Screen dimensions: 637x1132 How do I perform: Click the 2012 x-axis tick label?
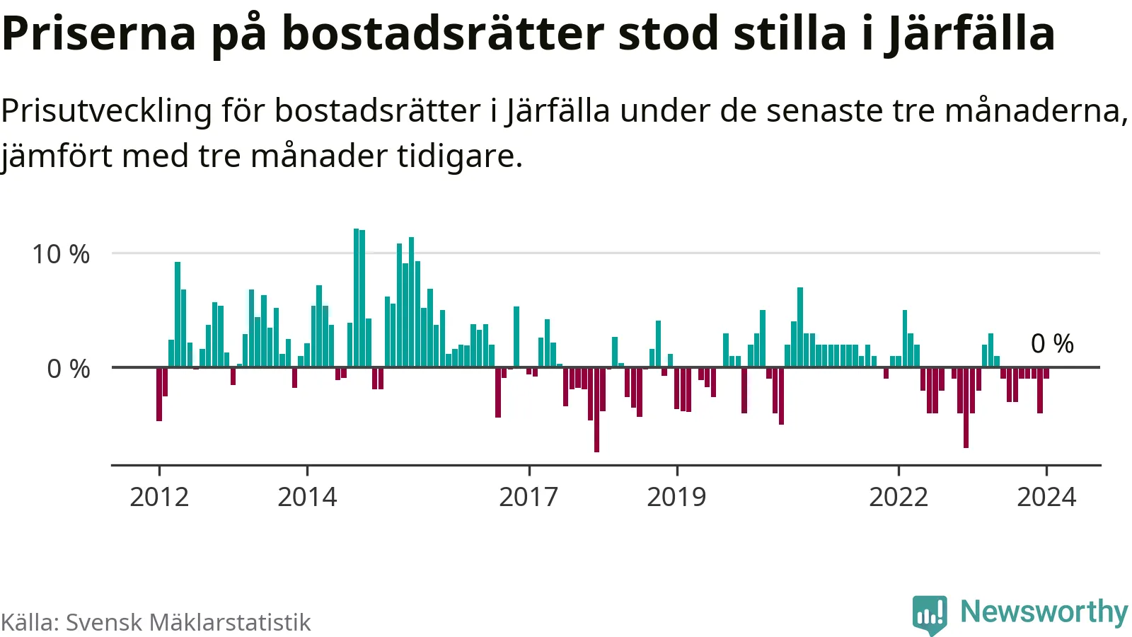tap(159, 497)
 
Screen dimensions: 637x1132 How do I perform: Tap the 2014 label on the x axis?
tap(307, 497)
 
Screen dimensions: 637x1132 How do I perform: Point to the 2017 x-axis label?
tap(529, 497)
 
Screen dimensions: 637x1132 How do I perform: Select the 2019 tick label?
tap(676, 497)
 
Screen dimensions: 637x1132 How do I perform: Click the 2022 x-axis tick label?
tap(899, 497)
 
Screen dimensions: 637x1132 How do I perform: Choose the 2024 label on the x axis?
tap(1046, 497)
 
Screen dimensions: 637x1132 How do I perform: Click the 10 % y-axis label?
tap(61, 254)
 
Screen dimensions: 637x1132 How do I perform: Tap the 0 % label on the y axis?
tap(69, 369)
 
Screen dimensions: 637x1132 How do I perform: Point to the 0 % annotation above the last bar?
tap(1052, 344)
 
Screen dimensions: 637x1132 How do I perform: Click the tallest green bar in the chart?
tap(357, 297)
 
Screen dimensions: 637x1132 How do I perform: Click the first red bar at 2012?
tap(159, 394)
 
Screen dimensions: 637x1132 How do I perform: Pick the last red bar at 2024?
tap(1046, 373)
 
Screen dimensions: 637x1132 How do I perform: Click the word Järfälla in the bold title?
tap(970, 33)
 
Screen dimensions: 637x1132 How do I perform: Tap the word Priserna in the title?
tap(99, 33)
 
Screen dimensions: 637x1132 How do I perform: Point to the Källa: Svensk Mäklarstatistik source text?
tap(156, 622)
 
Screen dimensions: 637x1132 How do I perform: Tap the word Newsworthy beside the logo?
tap(1044, 612)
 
